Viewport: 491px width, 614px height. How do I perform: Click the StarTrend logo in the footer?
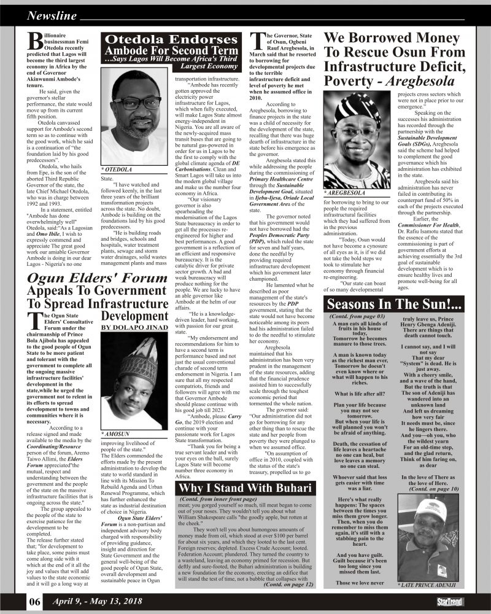pyautogui.click(x=450, y=602)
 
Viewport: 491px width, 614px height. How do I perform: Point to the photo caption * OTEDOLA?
pyautogui.click(x=118, y=167)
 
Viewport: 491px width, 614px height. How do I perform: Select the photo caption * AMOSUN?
pyautogui.click(x=117, y=434)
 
